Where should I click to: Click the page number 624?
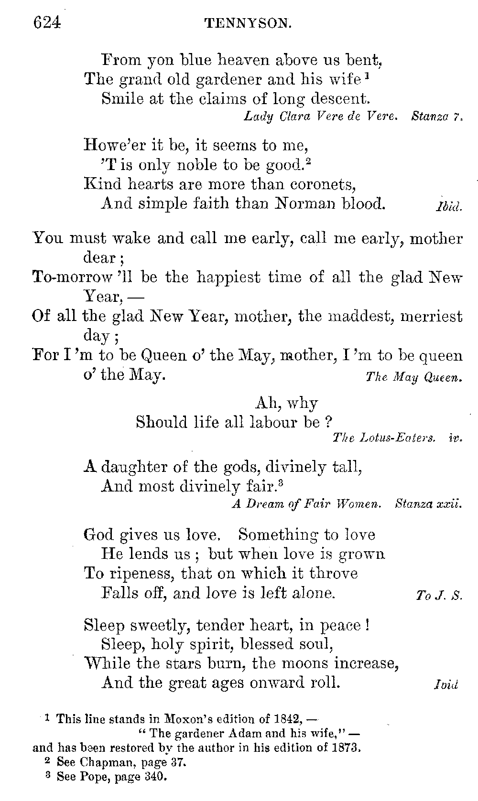pos(46,22)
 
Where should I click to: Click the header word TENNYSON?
pos(247,23)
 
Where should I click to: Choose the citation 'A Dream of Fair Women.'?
pos(306,504)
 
